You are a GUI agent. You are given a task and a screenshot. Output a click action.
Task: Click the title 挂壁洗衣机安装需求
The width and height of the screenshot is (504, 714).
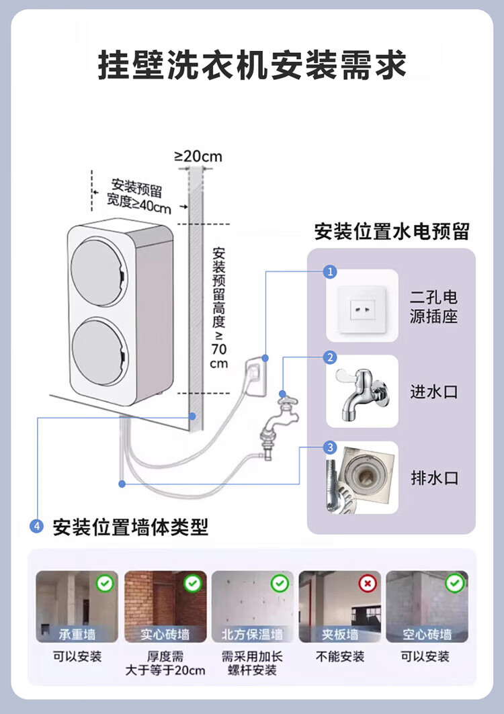(252, 66)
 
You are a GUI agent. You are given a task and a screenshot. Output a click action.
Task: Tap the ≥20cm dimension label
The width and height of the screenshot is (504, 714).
(198, 157)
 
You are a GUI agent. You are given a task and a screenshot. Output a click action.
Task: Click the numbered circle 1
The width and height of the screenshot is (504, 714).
(330, 271)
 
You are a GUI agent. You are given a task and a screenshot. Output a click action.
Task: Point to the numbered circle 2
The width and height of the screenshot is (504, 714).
(330, 357)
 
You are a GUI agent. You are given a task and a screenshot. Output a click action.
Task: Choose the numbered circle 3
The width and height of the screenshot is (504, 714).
(330, 447)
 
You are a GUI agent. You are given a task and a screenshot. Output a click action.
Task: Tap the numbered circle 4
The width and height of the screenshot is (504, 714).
(38, 527)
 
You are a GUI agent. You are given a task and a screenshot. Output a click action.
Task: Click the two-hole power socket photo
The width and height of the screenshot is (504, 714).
(362, 306)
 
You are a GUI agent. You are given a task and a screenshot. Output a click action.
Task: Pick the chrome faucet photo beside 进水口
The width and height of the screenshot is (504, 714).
(362, 392)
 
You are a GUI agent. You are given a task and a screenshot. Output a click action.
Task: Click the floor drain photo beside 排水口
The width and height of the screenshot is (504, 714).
(362, 478)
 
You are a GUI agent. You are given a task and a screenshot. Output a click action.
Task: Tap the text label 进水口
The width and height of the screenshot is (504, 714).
(433, 392)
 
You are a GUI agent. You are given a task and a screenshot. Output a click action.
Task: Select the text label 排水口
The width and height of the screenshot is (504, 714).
(433, 478)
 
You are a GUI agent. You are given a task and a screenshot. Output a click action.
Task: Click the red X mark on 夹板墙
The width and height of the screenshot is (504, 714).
(367, 583)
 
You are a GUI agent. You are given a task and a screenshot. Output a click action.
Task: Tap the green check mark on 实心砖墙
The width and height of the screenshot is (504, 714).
(192, 583)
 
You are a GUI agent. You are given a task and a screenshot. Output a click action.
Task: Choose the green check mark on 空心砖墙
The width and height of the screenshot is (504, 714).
(454, 583)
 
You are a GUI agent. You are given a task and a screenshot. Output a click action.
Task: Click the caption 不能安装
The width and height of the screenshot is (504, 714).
(340, 656)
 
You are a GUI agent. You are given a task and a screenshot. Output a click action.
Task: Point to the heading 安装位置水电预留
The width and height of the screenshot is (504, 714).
(391, 232)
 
